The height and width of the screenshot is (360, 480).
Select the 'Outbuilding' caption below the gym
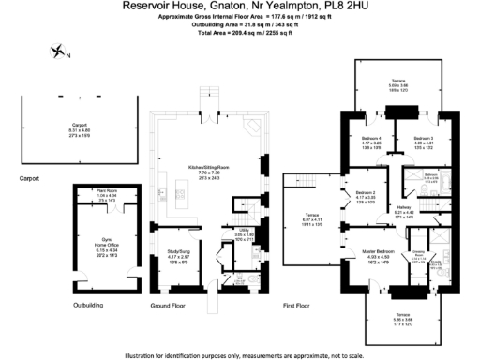point(87,306)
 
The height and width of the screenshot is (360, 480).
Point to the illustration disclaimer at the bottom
point(239,354)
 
